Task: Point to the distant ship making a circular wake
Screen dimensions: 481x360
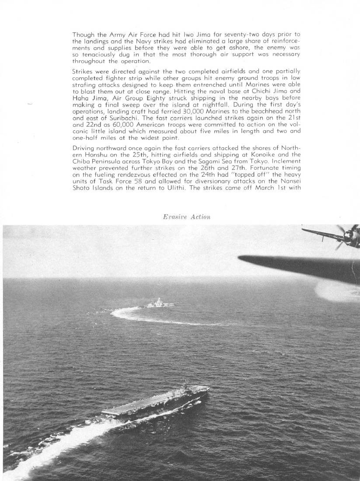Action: [x=160, y=303]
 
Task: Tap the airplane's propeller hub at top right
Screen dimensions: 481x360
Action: [x=348, y=236]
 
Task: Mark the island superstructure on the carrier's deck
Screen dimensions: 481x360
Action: [x=184, y=387]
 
